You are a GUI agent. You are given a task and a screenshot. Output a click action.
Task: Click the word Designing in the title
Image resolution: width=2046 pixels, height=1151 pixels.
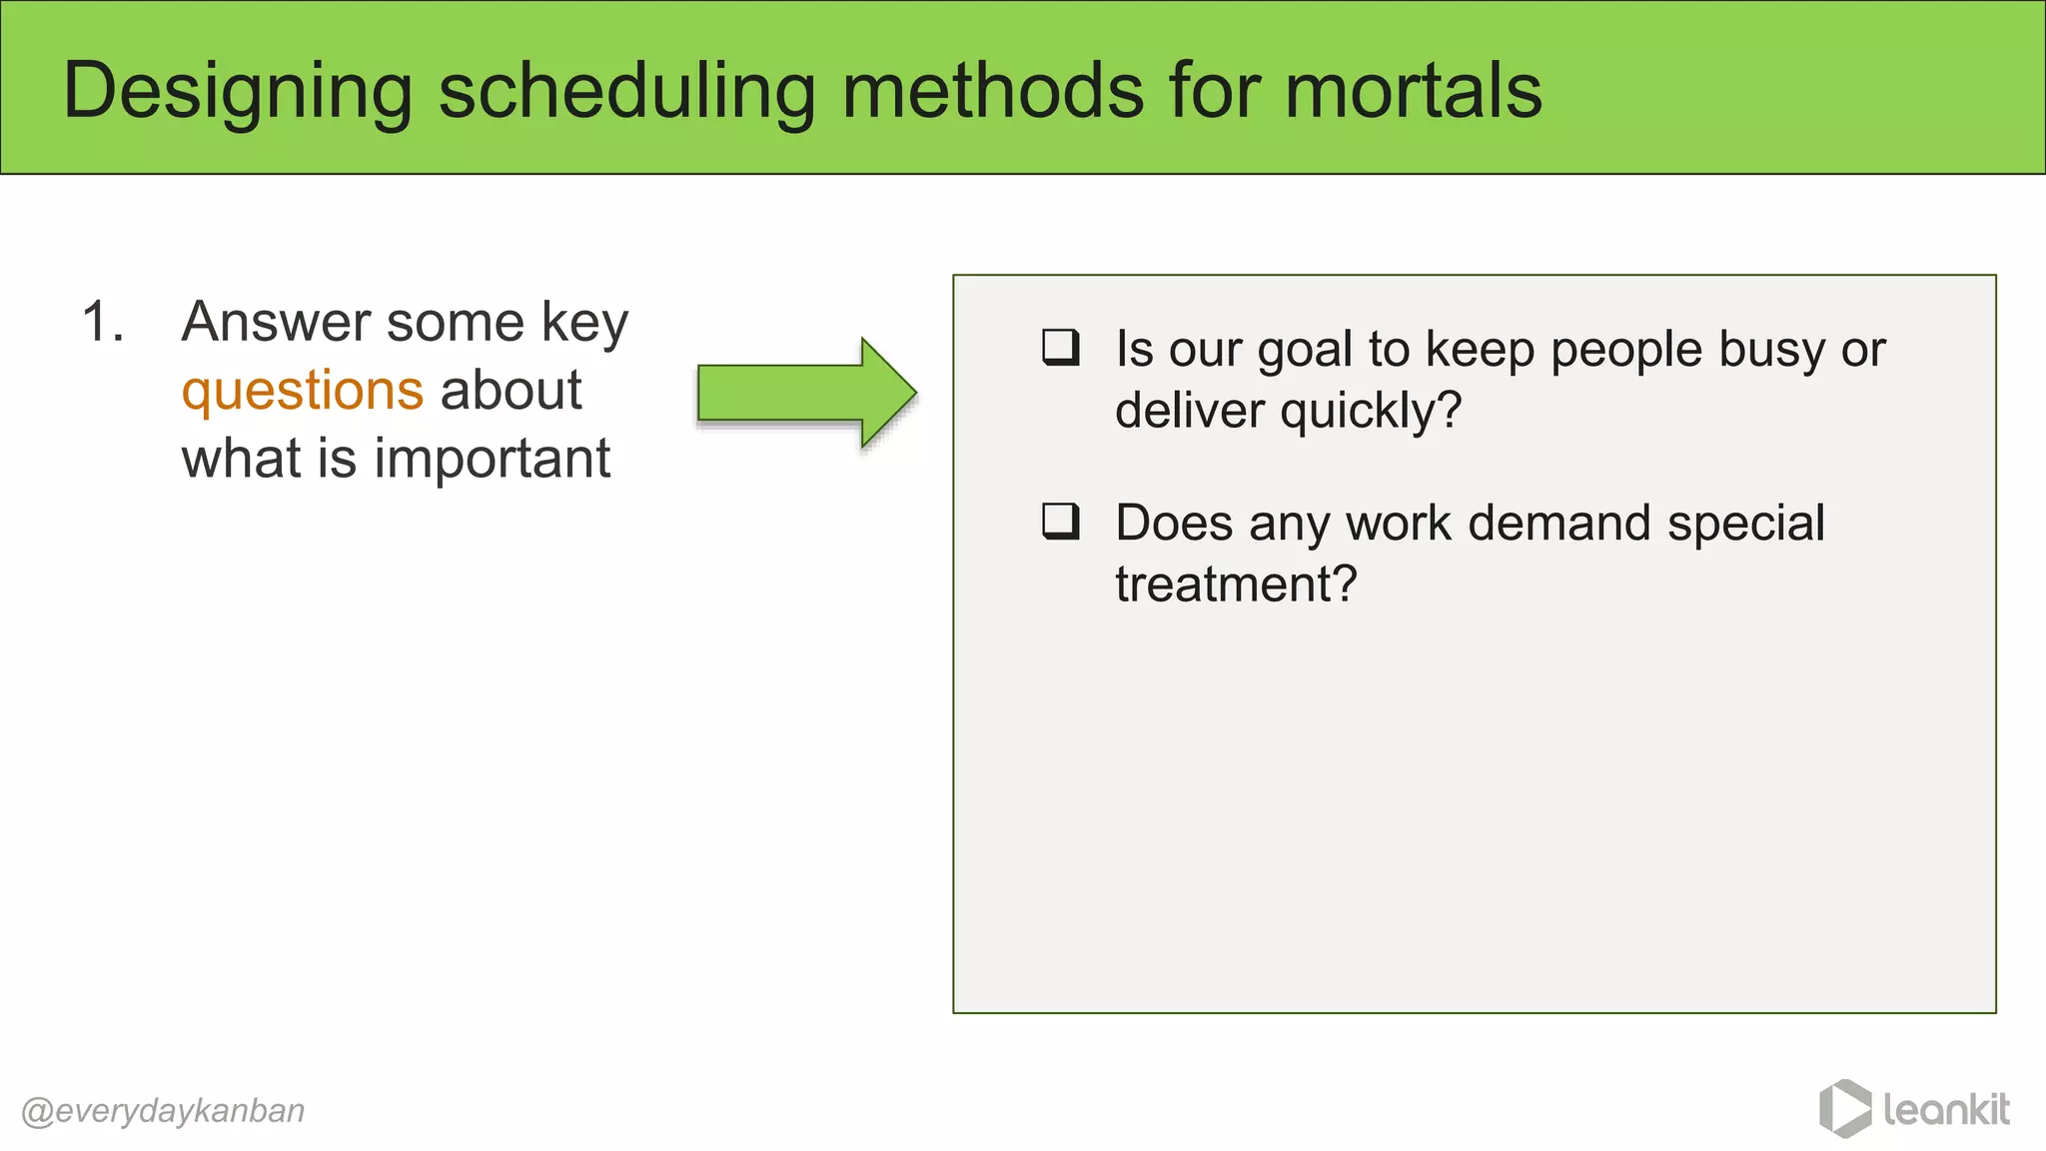click(238, 92)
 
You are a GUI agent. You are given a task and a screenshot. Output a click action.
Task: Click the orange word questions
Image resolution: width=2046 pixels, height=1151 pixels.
click(302, 391)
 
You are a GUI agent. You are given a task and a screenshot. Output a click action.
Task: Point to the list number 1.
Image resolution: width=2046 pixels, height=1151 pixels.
click(102, 323)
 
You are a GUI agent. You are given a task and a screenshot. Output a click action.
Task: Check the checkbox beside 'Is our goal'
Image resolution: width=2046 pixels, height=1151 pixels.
click(1060, 348)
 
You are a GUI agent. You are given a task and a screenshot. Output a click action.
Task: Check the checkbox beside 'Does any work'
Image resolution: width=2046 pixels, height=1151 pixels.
click(1060, 522)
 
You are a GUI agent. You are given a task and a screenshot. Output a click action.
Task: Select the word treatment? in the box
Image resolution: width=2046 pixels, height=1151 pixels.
click(1236, 583)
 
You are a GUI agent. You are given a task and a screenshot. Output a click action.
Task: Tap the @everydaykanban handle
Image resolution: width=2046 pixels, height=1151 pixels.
click(163, 1111)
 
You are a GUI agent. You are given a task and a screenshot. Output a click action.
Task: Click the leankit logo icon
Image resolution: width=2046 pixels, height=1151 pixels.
click(1844, 1108)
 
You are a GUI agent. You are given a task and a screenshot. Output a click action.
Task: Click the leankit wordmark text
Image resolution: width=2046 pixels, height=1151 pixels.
click(1946, 1109)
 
